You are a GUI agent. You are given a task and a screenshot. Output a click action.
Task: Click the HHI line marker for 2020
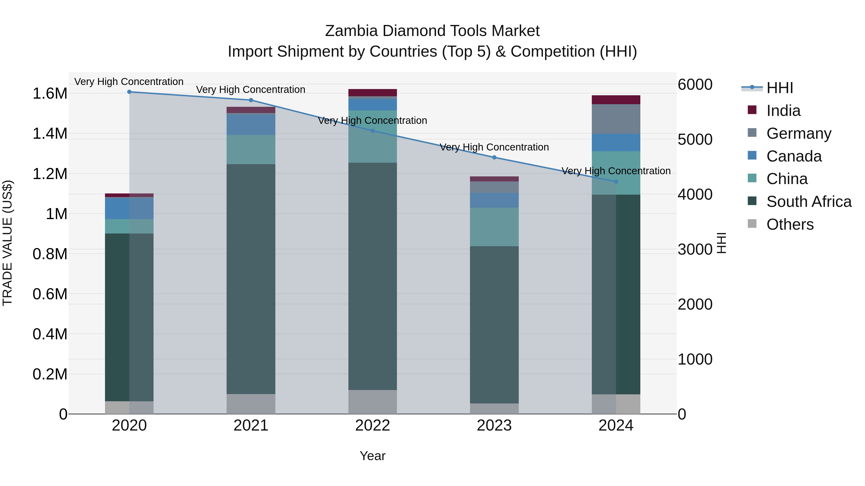point(129,92)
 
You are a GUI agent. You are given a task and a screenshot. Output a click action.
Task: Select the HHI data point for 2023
point(494,157)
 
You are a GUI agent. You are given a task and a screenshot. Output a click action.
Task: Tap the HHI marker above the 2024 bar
point(616,182)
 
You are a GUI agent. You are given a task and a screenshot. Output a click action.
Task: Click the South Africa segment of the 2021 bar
point(251,278)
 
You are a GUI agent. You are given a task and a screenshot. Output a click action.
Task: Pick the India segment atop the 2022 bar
point(372,93)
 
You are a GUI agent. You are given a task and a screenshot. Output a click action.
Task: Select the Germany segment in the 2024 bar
point(616,119)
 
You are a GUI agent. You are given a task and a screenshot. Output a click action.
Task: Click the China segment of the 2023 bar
point(494,227)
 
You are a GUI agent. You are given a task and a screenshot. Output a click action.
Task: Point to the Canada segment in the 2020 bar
point(129,208)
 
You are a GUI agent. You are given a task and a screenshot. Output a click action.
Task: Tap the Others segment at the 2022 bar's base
point(372,402)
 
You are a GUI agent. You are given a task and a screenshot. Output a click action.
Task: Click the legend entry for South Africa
point(809,202)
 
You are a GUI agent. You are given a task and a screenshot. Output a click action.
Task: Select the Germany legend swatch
point(752,133)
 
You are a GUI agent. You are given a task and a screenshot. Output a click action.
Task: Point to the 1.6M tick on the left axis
point(50,94)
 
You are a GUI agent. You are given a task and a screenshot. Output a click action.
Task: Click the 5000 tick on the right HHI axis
point(695,139)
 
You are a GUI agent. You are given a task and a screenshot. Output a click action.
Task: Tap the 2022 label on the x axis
point(372,426)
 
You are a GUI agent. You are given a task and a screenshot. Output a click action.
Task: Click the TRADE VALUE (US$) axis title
point(7,243)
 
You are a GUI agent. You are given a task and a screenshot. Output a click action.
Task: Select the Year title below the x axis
point(372,456)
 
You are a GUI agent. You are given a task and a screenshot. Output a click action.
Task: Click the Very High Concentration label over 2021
point(251,90)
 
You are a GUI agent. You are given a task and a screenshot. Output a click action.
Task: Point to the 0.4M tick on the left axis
point(50,334)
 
